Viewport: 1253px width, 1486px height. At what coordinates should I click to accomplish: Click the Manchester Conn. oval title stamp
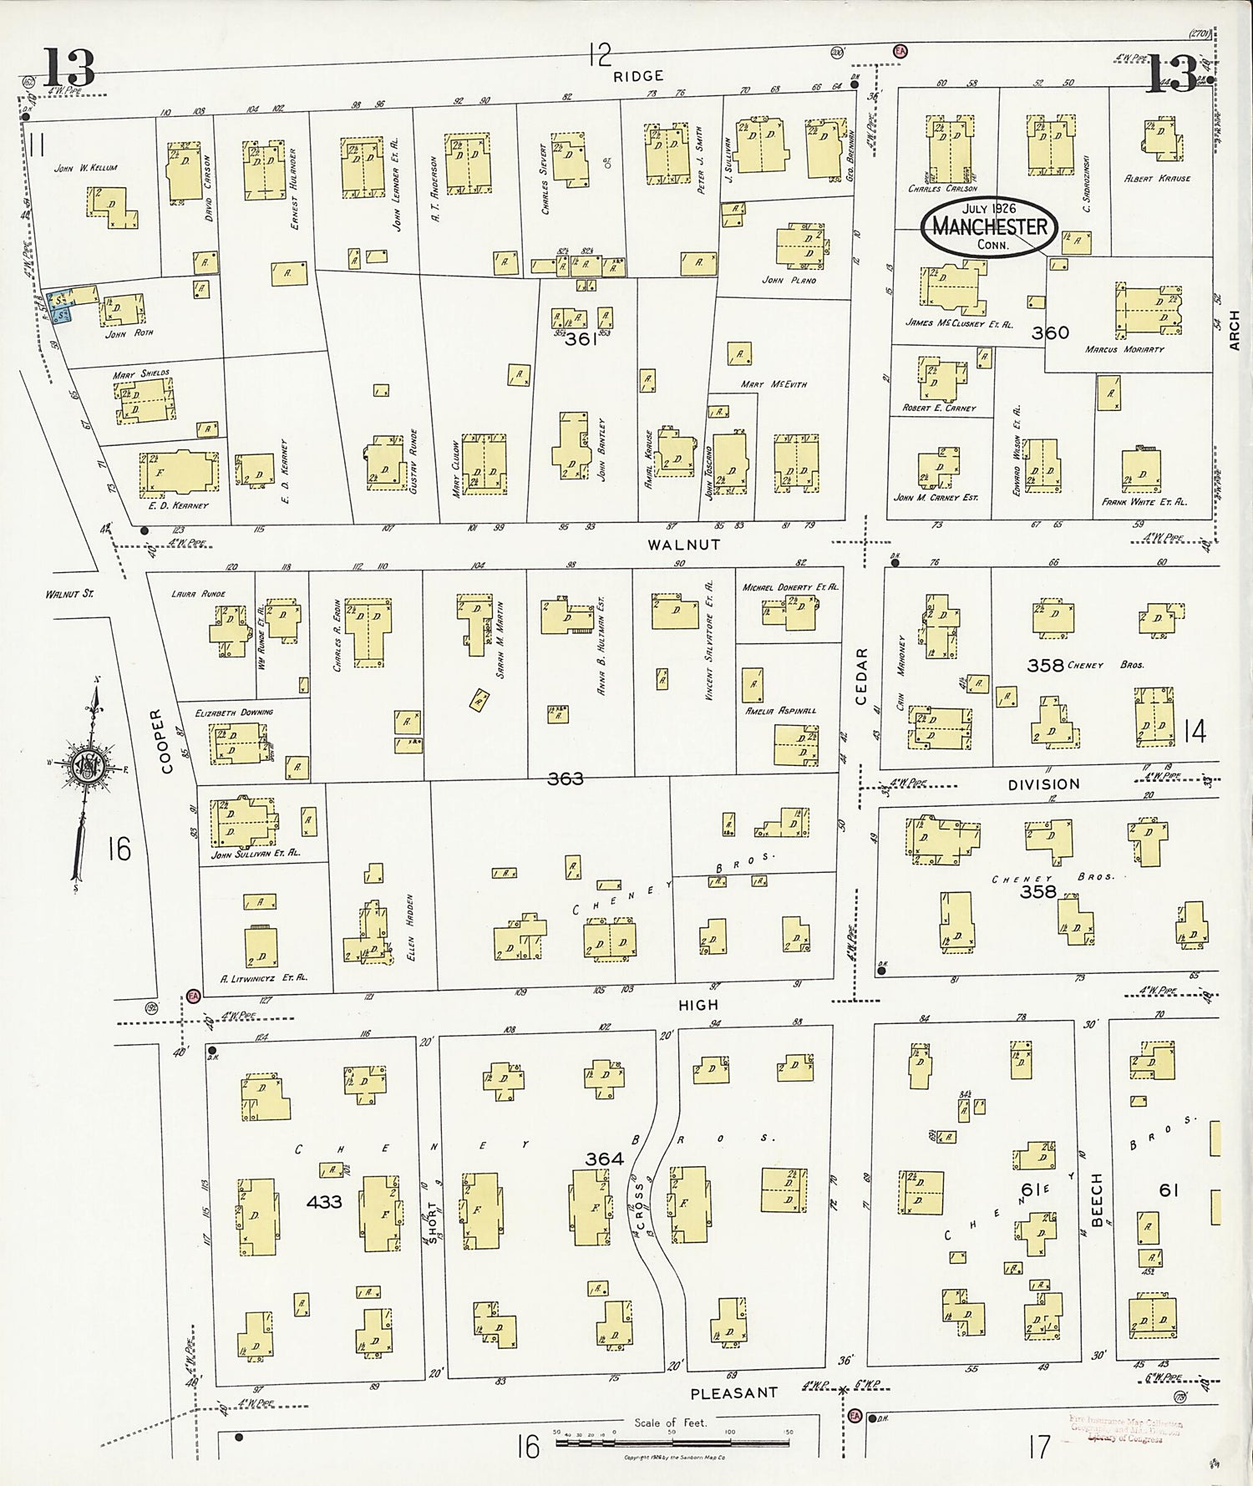[x=990, y=227]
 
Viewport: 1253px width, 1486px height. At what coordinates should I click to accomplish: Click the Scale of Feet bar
[x=672, y=1442]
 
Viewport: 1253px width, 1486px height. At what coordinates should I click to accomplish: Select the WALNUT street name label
[x=683, y=545]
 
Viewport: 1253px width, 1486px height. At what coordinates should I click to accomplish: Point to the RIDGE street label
[x=638, y=76]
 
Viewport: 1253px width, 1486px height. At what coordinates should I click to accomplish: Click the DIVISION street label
[x=1043, y=784]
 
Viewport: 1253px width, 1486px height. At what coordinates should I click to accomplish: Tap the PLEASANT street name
[x=734, y=1392]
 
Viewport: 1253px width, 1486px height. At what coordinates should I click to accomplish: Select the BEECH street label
[x=1097, y=1195]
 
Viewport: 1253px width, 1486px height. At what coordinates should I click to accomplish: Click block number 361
[x=581, y=340]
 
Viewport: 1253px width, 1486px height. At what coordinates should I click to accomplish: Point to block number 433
[x=324, y=1201]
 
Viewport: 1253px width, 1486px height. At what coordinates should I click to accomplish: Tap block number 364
[x=604, y=1159]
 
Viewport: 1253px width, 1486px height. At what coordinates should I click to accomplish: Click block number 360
[x=1049, y=332]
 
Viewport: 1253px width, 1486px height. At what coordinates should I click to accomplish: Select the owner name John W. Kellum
[x=86, y=168]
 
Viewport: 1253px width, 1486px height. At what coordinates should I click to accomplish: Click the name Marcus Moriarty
[x=1124, y=349]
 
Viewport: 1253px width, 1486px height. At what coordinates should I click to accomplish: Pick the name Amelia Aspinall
[x=781, y=710]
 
